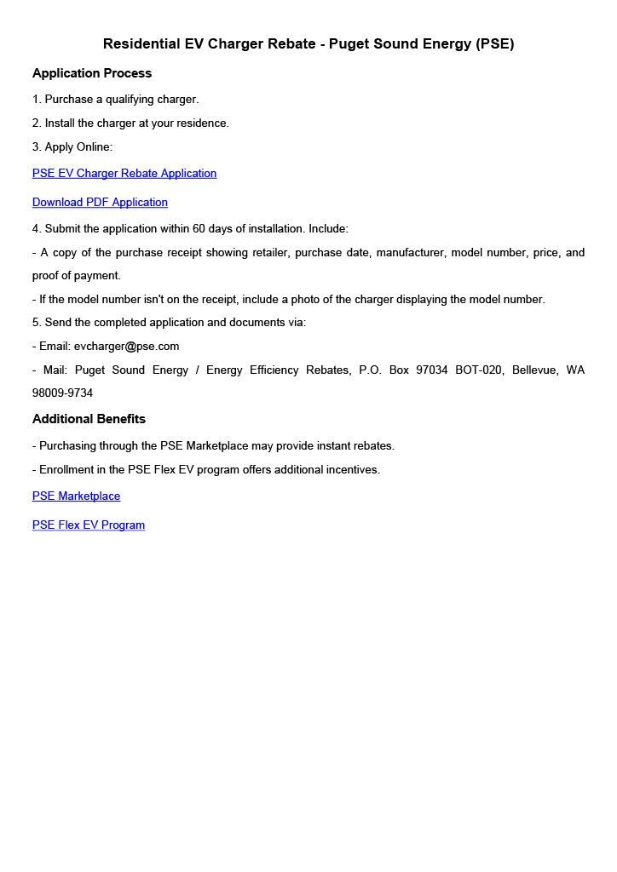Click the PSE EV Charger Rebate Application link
click(x=124, y=174)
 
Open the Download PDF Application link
click(x=100, y=203)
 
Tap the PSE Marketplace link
click(x=76, y=496)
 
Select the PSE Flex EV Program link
click(x=89, y=525)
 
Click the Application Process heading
click(x=92, y=73)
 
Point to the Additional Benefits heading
click(x=89, y=419)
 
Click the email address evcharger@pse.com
click(x=126, y=347)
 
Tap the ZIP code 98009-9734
click(x=62, y=393)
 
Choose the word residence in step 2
click(x=202, y=123)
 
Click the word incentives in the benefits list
click(x=349, y=470)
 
